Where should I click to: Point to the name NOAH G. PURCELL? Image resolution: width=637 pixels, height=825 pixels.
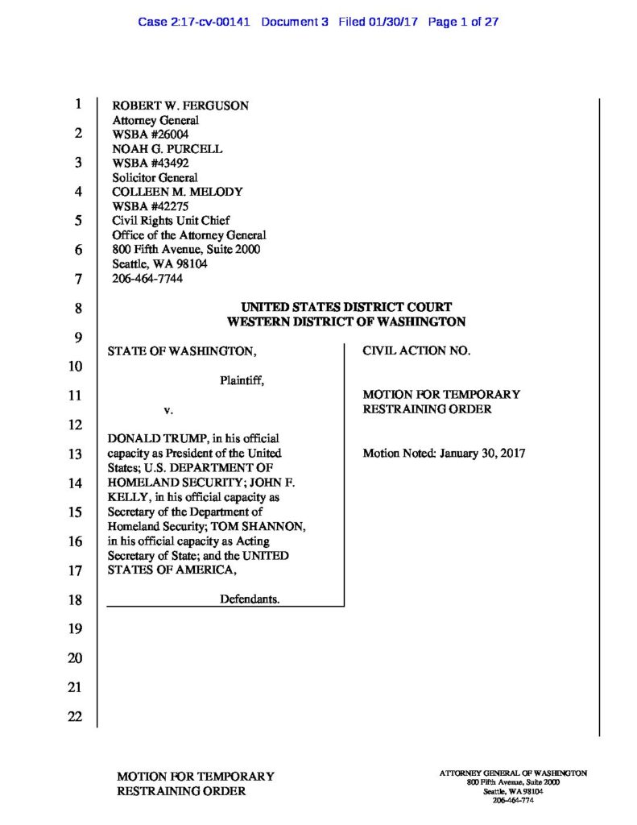pos(167,149)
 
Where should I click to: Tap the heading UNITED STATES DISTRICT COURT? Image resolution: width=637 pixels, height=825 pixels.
pos(346,307)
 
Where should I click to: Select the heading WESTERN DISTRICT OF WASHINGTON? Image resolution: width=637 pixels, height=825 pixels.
pos(346,321)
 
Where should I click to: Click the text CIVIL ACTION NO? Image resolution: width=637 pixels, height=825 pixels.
pos(417,351)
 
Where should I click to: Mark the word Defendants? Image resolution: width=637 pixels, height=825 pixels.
pos(250,599)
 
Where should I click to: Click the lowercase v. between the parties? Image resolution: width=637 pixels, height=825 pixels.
pos(168,410)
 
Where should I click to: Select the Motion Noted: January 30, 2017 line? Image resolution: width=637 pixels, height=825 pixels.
pos(444,454)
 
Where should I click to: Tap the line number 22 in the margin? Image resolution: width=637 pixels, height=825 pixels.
pos(75,717)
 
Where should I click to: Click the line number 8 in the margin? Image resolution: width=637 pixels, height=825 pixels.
pos(78,309)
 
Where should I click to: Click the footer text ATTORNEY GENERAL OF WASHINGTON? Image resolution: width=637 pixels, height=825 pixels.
pos(513,773)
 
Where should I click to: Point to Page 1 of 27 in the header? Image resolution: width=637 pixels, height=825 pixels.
pos(464,22)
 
